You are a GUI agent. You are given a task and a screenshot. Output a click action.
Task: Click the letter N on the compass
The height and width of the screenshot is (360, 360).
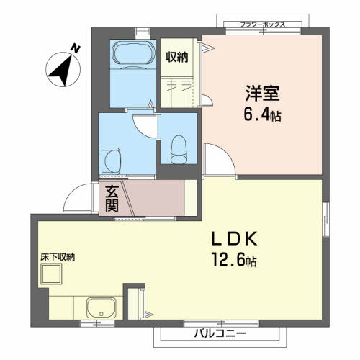click(76, 48)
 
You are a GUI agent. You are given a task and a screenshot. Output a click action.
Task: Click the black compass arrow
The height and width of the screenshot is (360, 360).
click(61, 71)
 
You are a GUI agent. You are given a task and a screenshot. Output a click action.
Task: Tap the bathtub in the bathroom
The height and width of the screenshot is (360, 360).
click(132, 53)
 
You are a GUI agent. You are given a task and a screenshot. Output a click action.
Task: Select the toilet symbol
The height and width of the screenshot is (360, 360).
click(179, 150)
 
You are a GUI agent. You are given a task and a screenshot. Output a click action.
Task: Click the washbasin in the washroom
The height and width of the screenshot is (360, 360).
click(111, 161)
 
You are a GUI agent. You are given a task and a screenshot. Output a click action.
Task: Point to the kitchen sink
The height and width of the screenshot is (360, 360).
click(102, 307)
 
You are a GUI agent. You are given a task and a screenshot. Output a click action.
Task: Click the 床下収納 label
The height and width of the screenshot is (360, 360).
click(58, 257)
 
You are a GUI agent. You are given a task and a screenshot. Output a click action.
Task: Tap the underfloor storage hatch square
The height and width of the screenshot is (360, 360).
click(51, 274)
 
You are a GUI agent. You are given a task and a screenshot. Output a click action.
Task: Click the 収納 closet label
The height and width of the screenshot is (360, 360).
click(177, 57)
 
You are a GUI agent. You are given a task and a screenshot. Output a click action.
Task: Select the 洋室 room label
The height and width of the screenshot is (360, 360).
click(262, 94)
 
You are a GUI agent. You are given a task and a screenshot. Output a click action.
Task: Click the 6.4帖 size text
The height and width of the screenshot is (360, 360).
click(262, 114)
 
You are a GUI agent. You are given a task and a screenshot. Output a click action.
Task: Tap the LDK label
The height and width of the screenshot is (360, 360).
click(234, 239)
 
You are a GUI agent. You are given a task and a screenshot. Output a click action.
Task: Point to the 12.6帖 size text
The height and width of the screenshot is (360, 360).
click(234, 260)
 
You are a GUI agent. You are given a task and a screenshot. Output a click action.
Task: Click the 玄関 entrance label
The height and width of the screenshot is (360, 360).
click(112, 199)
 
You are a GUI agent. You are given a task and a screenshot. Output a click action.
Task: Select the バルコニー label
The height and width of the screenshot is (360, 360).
click(220, 333)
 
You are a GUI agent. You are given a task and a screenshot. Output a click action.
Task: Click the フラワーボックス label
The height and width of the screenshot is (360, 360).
click(263, 24)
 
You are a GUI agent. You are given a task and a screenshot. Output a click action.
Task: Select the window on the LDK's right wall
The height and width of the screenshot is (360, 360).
click(325, 219)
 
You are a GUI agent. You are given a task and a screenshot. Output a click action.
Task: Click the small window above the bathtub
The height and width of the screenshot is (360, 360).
click(143, 33)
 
